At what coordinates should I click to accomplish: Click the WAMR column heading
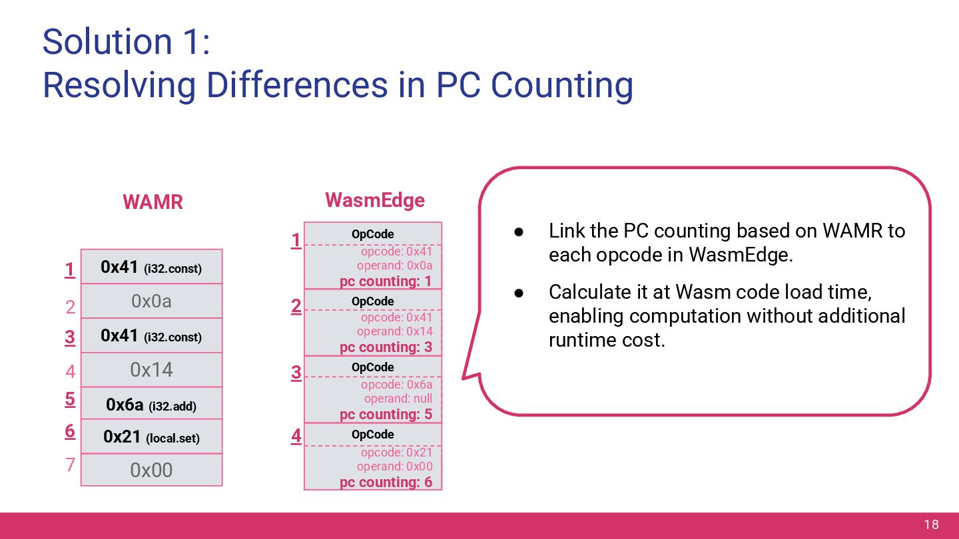153,202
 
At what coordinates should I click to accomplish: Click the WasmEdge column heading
374,200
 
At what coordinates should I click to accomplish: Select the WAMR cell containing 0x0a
151,301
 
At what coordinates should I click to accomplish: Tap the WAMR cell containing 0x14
151,370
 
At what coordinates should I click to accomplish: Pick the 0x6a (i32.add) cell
151,405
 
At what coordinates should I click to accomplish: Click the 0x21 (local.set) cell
151,437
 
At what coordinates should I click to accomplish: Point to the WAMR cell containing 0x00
151,470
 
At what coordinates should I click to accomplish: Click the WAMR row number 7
70,464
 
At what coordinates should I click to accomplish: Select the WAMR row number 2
70,307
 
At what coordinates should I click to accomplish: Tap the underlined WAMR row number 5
70,399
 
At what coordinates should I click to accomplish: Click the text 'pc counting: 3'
386,347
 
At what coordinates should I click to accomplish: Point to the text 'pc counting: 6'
386,482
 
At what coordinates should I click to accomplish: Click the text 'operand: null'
398,399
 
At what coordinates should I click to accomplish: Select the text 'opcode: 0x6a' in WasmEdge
396,385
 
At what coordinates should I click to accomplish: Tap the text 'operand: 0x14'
394,331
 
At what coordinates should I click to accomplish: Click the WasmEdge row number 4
296,437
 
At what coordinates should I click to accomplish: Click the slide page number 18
931,525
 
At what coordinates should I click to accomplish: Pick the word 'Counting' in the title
561,85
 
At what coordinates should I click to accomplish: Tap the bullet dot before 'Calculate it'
519,293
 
